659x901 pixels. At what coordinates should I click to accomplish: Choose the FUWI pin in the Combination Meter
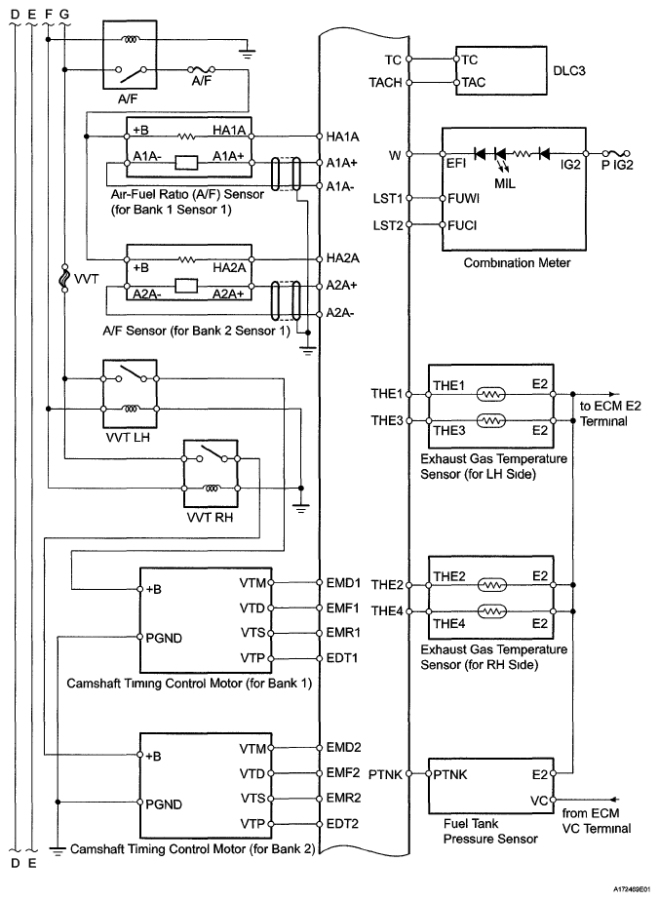[463, 199]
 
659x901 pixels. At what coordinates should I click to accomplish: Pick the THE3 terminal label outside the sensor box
[388, 420]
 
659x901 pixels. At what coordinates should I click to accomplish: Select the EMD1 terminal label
[343, 583]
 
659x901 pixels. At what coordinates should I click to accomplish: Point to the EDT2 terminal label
[343, 823]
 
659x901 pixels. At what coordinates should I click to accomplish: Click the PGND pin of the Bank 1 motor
[167, 637]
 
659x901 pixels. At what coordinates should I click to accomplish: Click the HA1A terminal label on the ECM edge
[342, 137]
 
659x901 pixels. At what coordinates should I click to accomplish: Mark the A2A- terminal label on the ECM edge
[341, 312]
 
